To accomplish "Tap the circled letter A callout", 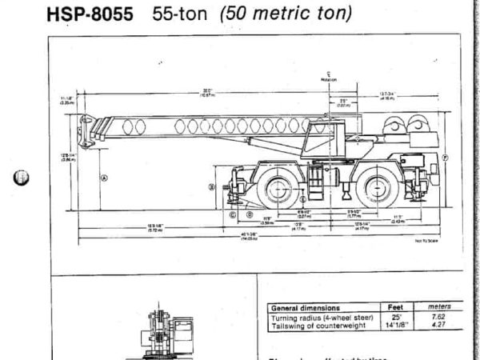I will pyautogui.click(x=104, y=178).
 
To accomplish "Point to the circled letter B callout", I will pyautogui.click(x=212, y=186).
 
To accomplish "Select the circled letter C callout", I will pyautogui.click(x=233, y=214).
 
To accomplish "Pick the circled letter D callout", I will pyautogui.click(x=250, y=214).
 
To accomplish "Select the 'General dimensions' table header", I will pyautogui.click(x=306, y=307).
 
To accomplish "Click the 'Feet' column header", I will pyautogui.click(x=394, y=307).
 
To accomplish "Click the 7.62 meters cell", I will pyautogui.click(x=438, y=317).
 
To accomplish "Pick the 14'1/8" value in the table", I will pyautogui.click(x=394, y=325).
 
